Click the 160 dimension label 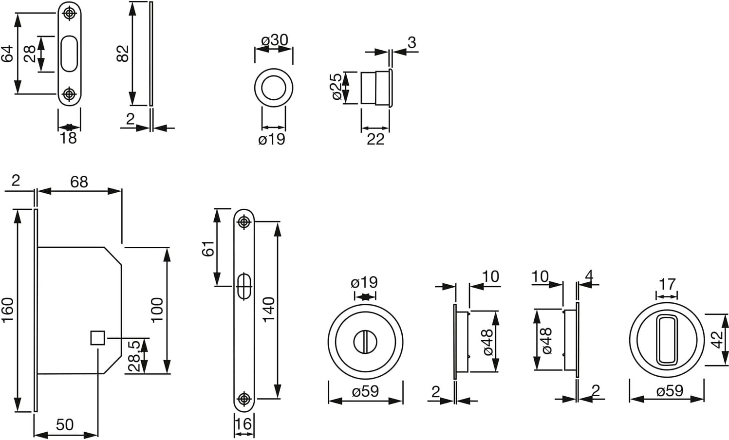tap(7, 310)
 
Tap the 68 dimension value tap(79, 182)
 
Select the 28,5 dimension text tap(134, 356)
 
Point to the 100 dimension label tap(157, 310)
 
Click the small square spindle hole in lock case tap(97, 338)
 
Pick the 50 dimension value tap(65, 425)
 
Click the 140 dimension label tap(269, 310)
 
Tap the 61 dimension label tap(208, 249)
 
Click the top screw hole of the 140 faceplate tap(244, 222)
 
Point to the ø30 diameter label tap(275, 40)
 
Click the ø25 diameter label tap(336, 87)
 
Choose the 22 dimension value tap(375, 140)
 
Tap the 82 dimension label tap(123, 54)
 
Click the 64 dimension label tap(7, 54)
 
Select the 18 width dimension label tap(68, 138)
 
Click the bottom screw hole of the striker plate tap(69, 94)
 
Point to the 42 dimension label tap(717, 340)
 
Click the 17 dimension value tap(667, 284)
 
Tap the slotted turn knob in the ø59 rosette tap(365, 342)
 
